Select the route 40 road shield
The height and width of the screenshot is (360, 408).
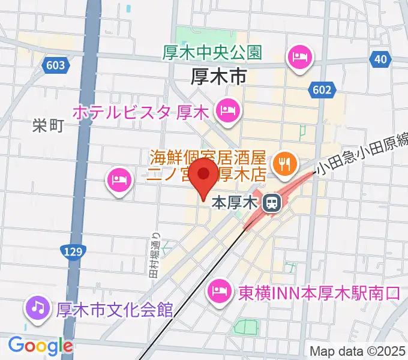click(x=379, y=59)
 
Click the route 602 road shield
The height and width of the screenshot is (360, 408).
click(x=321, y=90)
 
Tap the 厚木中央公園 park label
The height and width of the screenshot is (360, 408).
click(x=212, y=53)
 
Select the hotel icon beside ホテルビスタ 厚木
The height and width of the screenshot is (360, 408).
click(x=228, y=110)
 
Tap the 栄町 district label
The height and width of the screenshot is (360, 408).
click(x=48, y=125)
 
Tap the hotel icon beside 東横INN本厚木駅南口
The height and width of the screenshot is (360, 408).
click(x=217, y=292)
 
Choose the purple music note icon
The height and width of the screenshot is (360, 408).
click(x=37, y=309)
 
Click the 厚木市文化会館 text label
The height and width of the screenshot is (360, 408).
click(x=114, y=310)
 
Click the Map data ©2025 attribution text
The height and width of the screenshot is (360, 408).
click(x=356, y=352)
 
